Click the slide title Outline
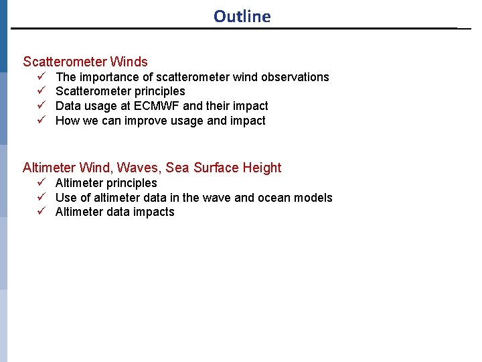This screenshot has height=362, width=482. click(242, 16)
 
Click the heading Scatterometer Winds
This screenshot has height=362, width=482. click(85, 62)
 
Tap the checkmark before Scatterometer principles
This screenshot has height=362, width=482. click(41, 91)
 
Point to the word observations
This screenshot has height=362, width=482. click(295, 77)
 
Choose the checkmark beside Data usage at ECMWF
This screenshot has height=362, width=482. click(41, 106)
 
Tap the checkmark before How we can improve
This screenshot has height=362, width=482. click(41, 121)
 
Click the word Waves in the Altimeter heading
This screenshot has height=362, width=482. click(139, 168)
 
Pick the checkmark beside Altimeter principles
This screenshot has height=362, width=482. click(41, 183)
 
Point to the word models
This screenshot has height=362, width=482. click(315, 198)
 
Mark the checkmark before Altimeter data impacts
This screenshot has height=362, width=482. click(41, 213)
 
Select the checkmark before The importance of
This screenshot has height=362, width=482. click(41, 77)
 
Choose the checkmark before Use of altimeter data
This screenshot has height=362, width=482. click(41, 198)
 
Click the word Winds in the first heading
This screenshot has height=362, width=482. click(130, 62)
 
